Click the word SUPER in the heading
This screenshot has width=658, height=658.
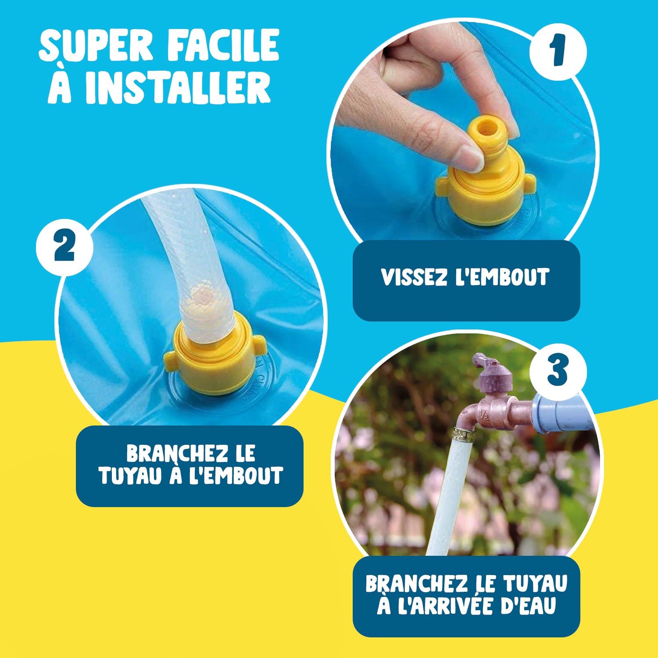tap(96, 46)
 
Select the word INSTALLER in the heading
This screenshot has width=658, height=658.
tap(178, 88)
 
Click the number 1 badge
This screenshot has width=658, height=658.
tap(558, 52)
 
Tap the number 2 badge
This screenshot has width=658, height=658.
tap(64, 247)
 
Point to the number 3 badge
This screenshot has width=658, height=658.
tap(558, 371)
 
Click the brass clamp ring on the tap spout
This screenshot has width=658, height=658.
tap(465, 435)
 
